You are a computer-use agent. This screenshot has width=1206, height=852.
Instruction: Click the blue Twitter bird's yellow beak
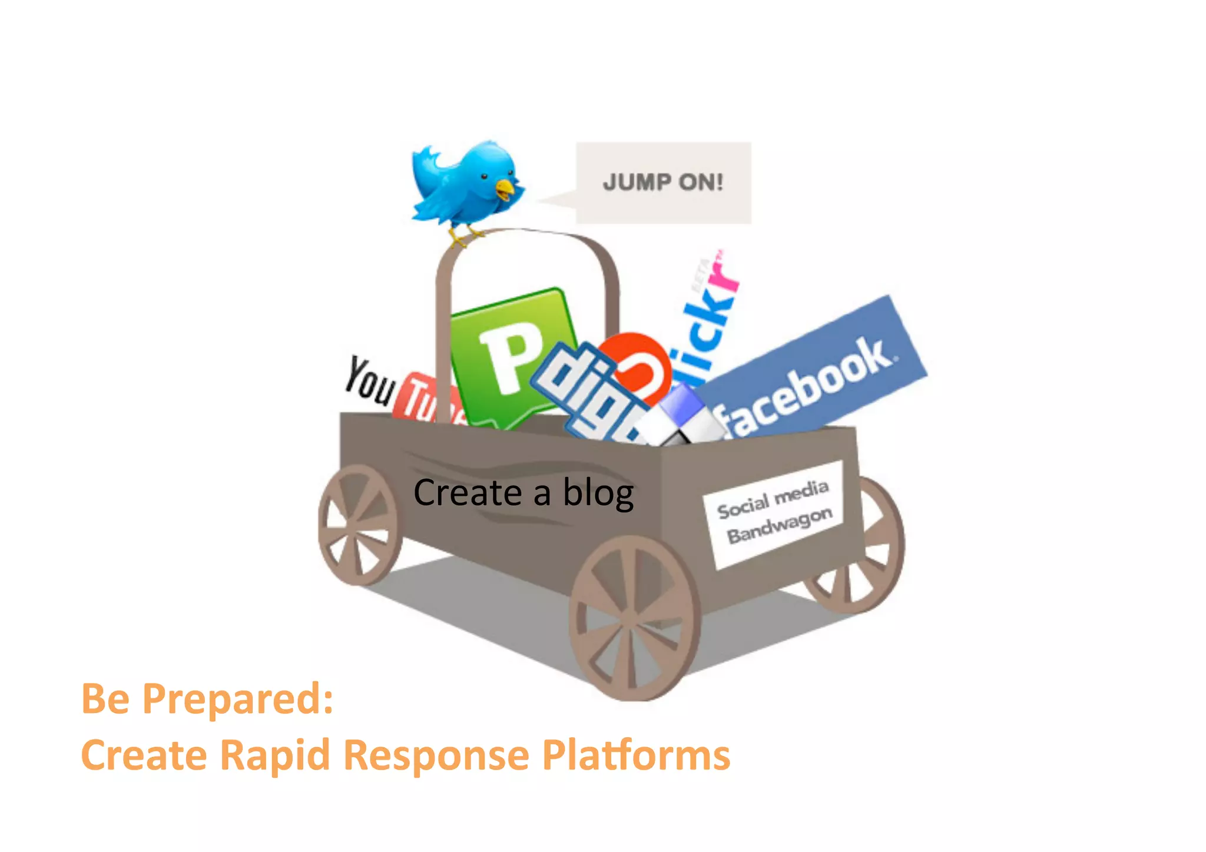click(505, 190)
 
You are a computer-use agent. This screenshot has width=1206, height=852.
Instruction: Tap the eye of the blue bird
click(484, 176)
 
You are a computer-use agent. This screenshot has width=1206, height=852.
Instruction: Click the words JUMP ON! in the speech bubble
click(662, 182)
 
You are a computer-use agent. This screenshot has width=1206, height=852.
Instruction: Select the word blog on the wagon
click(598, 493)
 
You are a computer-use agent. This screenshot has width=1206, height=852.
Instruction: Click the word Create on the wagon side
click(467, 493)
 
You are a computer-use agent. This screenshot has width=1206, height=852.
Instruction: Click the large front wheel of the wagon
click(634, 618)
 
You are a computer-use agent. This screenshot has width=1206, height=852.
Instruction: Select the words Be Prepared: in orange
click(207, 699)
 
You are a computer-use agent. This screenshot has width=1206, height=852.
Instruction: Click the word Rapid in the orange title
click(274, 755)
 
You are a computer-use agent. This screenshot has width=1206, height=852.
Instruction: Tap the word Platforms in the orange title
click(636, 755)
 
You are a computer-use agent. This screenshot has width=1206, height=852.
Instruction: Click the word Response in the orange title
click(436, 755)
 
